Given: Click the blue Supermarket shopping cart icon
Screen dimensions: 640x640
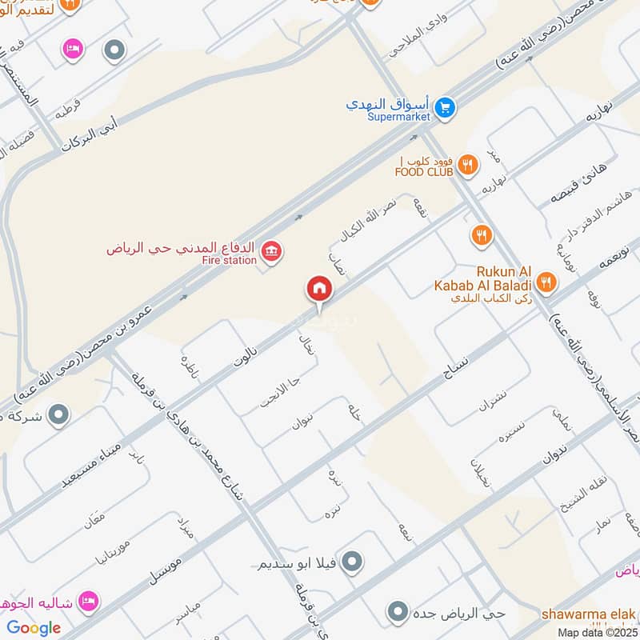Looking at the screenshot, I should point(445,105).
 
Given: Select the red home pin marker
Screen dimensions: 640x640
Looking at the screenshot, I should point(318,289).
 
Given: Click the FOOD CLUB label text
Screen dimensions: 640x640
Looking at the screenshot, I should point(424,170).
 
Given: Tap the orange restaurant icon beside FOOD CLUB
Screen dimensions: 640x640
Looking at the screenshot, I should point(469,166).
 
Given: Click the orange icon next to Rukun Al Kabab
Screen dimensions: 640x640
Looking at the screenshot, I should point(546,281).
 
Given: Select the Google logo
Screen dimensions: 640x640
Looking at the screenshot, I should point(34,627).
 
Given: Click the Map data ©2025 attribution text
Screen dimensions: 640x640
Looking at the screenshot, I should point(597,632).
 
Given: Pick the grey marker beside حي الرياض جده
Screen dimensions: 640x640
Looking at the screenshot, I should point(398,614).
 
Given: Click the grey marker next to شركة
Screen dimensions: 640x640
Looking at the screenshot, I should point(58,414).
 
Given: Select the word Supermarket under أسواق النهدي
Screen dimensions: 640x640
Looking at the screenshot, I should point(398,117).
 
